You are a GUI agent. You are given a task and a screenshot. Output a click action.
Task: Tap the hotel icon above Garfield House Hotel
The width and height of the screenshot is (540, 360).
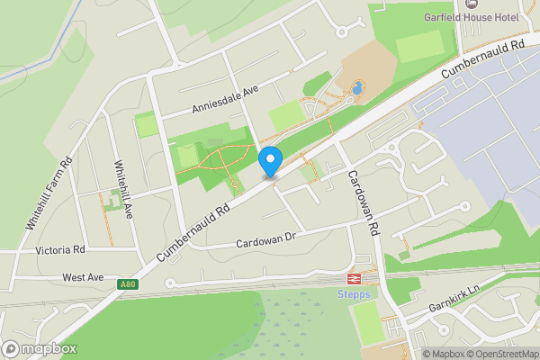coord(468,3)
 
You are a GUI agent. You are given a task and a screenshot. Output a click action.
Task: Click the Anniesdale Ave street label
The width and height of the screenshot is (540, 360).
coord(225,99)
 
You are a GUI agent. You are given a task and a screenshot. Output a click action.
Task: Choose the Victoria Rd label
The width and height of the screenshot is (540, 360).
coord(60,249)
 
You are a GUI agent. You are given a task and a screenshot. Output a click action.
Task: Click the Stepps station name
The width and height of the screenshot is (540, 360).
coord(354,293)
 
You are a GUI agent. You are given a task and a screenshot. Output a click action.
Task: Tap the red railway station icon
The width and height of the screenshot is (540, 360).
coord(354,279)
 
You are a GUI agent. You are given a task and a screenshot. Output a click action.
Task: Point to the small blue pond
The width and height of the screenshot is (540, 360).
coord(357,88)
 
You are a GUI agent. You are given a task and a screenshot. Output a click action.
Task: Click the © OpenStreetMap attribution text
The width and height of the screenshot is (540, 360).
coord(504,354)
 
